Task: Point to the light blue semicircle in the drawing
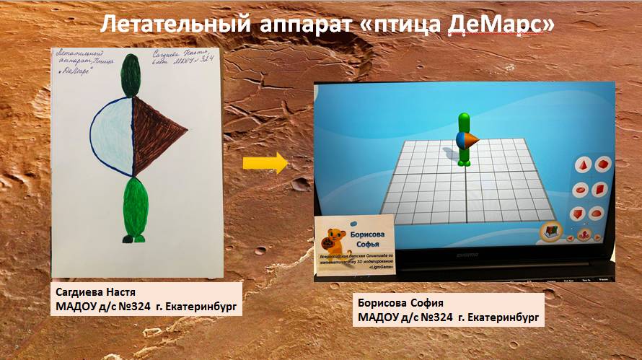pyautogui.click(x=110, y=137)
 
